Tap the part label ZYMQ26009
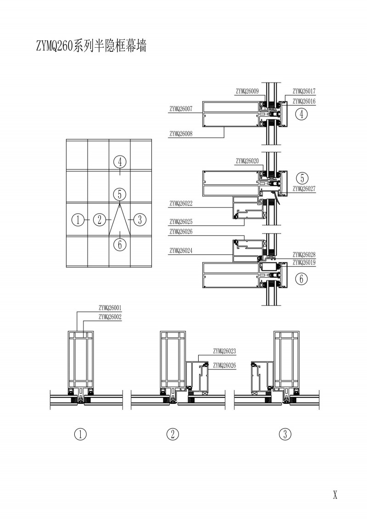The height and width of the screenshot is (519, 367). pos(248,91)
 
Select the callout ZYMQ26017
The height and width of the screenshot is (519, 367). pos(305,91)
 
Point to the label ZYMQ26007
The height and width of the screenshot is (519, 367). pos(181,109)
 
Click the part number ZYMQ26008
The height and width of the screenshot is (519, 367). pos(181,134)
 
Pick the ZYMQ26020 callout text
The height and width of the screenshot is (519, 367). pos(248,161)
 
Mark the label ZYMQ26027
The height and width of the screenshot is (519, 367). pos(305,188)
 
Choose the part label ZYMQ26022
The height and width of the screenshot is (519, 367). pos(181,203)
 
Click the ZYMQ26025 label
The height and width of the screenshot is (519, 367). pos(181,221)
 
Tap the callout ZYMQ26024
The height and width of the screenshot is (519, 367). pos(181,251)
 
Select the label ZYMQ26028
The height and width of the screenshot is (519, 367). pos(305,255)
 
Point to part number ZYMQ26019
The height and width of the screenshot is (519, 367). pos(305,263)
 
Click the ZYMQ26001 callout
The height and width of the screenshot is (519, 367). pos(110,308)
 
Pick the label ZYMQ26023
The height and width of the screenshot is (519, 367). pos(224,351)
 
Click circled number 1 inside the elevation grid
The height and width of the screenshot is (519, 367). pos(78,220)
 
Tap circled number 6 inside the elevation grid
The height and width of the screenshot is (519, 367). pos(119,244)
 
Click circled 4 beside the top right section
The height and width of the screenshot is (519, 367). pos(301,114)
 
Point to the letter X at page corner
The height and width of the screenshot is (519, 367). pos(335,495)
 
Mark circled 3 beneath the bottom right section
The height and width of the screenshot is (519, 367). pos(285,434)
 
